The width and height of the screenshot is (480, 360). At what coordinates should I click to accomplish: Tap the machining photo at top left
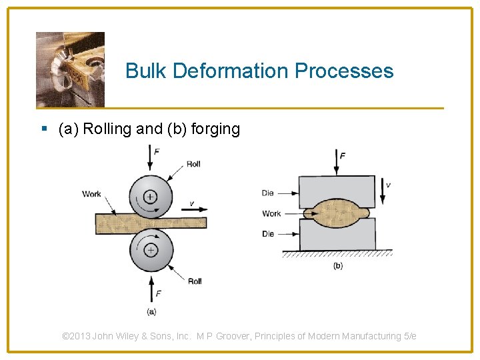[70, 69]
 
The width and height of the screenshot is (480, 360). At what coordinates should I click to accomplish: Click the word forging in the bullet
[215, 129]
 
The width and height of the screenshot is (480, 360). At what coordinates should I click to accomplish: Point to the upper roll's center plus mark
[150, 196]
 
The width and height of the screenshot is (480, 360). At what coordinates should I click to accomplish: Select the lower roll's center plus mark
[151, 250]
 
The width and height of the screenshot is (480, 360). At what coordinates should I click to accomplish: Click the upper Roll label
[193, 164]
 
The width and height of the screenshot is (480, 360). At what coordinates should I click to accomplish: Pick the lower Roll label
[195, 281]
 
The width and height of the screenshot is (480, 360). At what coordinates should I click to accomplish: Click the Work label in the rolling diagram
[92, 194]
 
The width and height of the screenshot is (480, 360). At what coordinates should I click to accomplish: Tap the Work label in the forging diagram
[271, 214]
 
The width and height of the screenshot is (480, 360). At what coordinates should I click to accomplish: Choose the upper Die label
[268, 193]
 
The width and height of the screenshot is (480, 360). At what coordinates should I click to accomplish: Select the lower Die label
[268, 234]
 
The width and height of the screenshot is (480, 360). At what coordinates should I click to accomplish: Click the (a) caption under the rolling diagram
[151, 311]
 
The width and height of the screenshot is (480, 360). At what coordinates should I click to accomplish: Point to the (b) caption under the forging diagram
[338, 265]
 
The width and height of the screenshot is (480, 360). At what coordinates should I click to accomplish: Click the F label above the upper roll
[157, 152]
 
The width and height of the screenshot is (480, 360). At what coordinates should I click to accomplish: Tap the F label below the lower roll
[158, 293]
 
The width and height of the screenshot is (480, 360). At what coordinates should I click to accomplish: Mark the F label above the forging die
[343, 156]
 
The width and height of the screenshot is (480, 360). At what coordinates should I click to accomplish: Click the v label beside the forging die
[388, 185]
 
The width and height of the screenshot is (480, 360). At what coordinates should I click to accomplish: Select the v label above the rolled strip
[191, 203]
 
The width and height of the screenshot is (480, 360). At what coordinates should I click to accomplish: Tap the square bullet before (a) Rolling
[44, 129]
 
